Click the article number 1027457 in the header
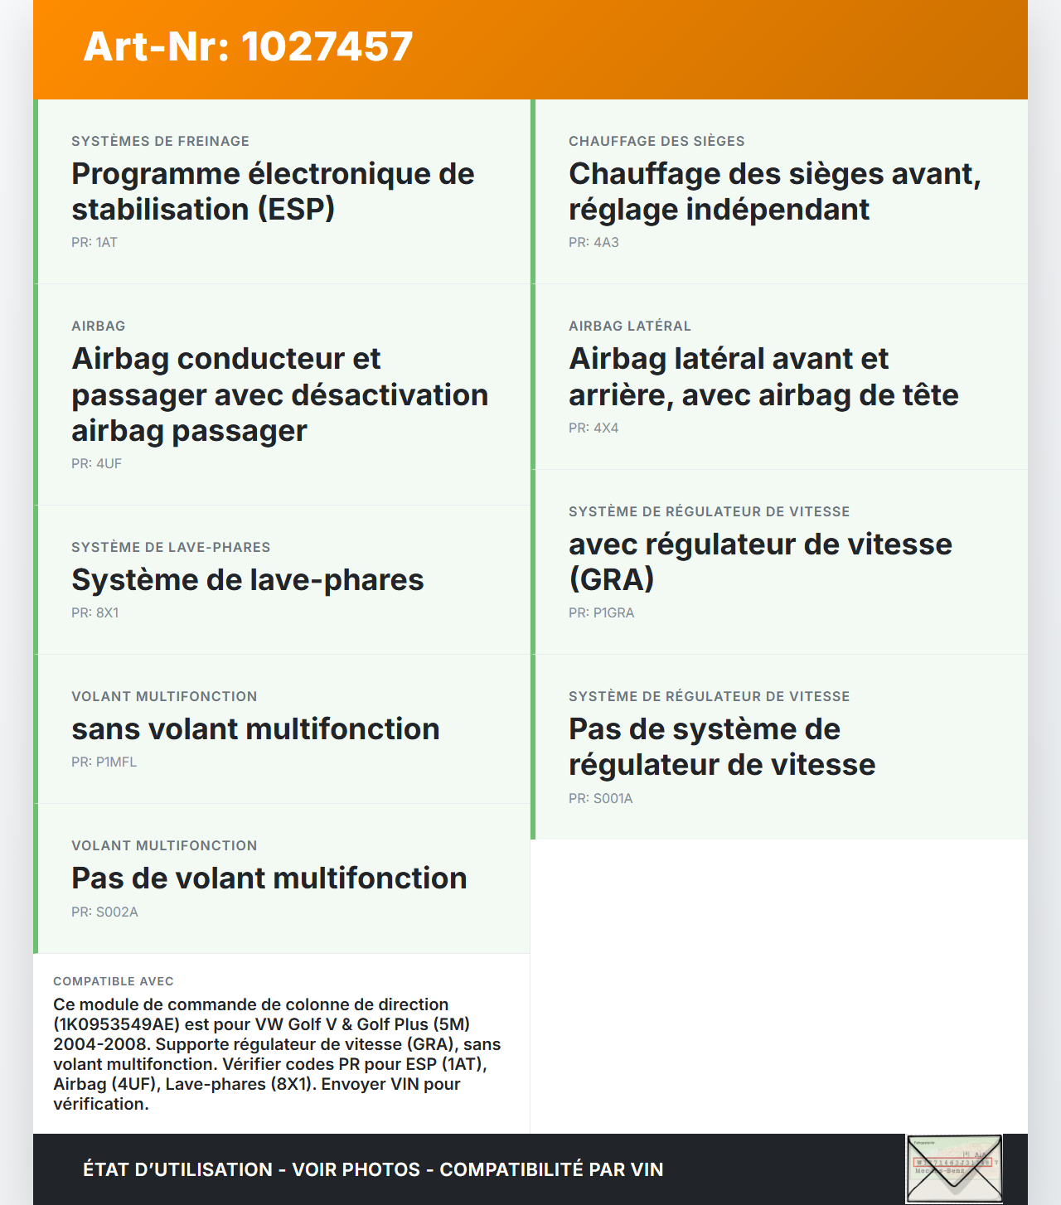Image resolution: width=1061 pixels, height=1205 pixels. (x=327, y=46)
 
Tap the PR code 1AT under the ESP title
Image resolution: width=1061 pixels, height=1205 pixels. (x=94, y=243)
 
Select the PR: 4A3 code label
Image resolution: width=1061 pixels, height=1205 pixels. (x=593, y=243)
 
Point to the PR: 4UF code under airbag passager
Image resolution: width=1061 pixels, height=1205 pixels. (x=96, y=464)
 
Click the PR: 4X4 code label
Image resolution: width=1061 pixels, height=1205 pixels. (x=593, y=428)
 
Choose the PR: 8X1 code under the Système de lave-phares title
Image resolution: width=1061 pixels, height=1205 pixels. (x=95, y=613)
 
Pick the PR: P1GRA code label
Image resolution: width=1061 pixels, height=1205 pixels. (x=601, y=613)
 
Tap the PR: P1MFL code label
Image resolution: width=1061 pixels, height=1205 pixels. (x=104, y=762)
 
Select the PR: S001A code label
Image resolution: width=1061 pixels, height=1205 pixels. (x=600, y=799)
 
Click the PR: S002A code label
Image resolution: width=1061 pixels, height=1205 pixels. (x=104, y=912)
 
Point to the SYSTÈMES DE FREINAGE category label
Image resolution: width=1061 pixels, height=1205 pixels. (x=160, y=142)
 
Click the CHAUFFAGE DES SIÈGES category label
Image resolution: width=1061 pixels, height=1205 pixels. (x=656, y=142)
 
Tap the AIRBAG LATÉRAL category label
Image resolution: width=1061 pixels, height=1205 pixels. (x=630, y=327)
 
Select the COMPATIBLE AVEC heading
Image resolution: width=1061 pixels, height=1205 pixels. (x=114, y=981)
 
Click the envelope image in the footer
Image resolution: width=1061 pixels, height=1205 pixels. (x=954, y=1169)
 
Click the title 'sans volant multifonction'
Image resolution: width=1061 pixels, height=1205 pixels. (x=255, y=729)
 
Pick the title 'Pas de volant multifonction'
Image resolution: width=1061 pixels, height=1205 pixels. (x=269, y=878)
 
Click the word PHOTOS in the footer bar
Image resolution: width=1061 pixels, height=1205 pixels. (x=381, y=1169)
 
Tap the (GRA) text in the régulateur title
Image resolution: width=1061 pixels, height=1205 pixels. (x=612, y=579)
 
